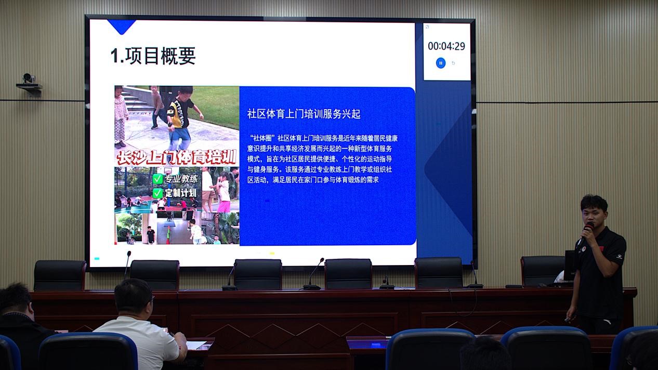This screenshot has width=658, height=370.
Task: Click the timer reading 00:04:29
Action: [x=446, y=46]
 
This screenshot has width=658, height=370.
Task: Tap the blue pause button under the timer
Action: [x=440, y=63]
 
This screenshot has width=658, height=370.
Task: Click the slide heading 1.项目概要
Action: [x=153, y=56]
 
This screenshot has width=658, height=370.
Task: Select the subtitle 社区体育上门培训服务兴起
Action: [x=304, y=114]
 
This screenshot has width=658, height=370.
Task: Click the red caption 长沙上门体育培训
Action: [x=177, y=157]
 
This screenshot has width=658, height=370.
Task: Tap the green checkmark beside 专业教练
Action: [x=158, y=179]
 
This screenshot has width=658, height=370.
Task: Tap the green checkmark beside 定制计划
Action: [x=158, y=193]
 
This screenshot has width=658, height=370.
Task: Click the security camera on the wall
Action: [x=29, y=84]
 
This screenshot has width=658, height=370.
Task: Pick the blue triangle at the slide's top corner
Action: [x=121, y=27]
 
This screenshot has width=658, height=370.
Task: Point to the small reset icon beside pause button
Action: [x=453, y=63]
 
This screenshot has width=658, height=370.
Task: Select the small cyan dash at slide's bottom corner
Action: [x=97, y=259]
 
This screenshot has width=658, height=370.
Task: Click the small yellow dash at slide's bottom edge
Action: [x=272, y=253]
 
